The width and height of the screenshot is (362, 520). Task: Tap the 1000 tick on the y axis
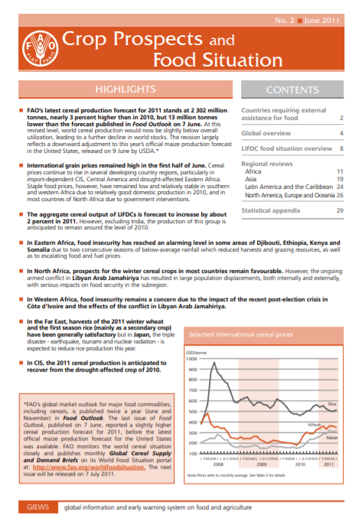(x=191, y=358)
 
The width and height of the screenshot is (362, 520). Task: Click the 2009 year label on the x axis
(x=262, y=463)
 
